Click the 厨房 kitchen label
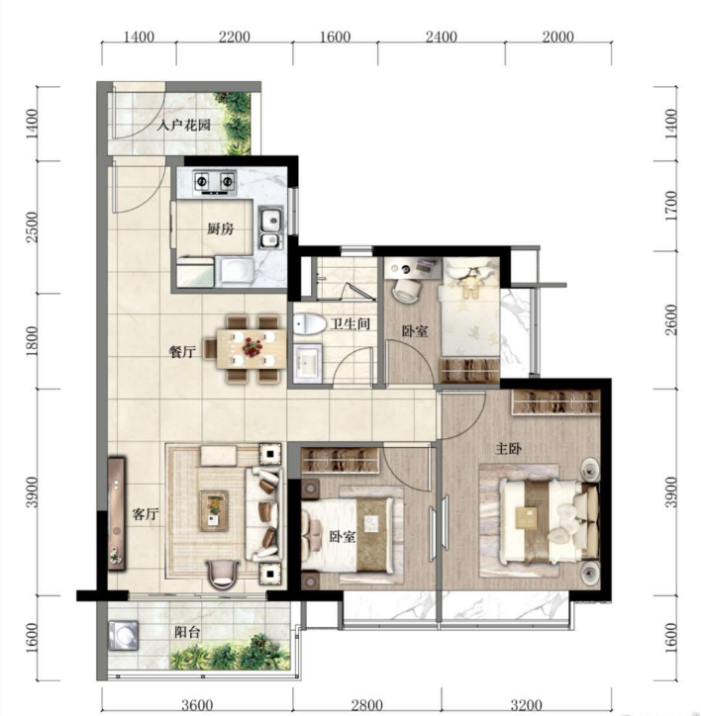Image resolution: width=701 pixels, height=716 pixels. point(221,228)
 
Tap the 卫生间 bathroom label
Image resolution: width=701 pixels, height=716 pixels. point(350,323)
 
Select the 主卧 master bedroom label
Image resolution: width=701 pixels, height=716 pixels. point(509,449)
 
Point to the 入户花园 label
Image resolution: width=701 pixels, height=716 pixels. point(184,125)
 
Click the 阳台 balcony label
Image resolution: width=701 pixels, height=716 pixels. point(187,633)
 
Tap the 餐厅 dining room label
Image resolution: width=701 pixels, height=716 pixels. point(182,352)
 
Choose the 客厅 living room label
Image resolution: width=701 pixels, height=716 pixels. point(145,514)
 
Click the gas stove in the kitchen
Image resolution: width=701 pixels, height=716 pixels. point(215,182)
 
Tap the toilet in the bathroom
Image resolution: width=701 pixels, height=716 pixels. point(309,324)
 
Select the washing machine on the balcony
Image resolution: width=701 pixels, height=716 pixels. point(124,635)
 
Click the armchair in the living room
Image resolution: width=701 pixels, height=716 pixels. point(222,574)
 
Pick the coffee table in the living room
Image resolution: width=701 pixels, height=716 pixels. point(214,511)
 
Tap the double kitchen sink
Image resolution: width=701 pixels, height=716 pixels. point(271,228)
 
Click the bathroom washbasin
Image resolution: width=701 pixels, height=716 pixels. point(308,363)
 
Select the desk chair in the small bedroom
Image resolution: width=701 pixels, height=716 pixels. point(407,289)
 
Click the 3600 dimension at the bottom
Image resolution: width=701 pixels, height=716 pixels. point(197,705)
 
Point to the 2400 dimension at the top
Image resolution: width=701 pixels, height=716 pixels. point(442,37)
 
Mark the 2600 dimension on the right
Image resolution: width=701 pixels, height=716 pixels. point(670,320)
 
